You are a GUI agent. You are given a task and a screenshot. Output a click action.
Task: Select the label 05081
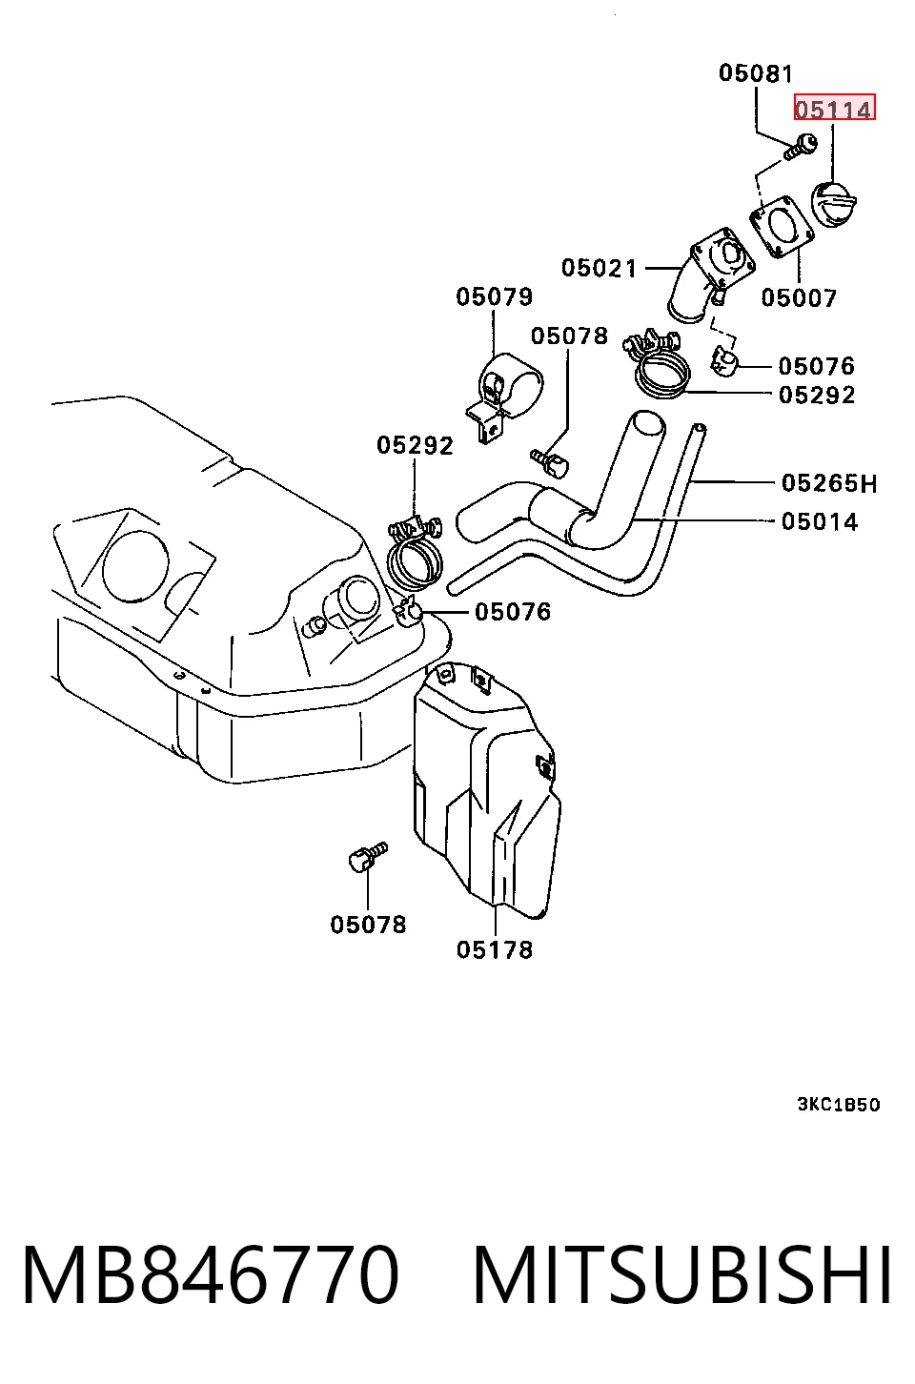click(x=755, y=73)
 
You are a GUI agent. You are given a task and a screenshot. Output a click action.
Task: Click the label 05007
click(x=798, y=297)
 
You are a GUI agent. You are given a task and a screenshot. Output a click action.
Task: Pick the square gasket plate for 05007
click(x=781, y=226)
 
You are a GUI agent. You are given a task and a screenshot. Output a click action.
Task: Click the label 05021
click(x=599, y=268)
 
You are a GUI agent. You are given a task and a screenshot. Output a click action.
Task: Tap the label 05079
click(x=494, y=297)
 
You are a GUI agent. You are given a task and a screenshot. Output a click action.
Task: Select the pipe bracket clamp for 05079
click(x=503, y=396)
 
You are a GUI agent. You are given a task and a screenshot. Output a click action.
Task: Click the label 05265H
click(x=829, y=483)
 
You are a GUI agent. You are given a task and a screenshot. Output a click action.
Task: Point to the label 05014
click(x=820, y=522)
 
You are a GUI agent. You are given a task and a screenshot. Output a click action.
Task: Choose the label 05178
click(x=495, y=949)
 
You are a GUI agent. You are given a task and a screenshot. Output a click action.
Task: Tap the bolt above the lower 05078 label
click(x=368, y=857)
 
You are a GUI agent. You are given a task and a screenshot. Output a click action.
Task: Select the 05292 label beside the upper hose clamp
click(x=817, y=396)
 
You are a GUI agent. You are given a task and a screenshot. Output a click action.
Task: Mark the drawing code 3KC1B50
click(x=839, y=1104)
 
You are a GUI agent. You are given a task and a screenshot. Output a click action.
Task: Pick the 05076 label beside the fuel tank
click(x=512, y=612)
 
